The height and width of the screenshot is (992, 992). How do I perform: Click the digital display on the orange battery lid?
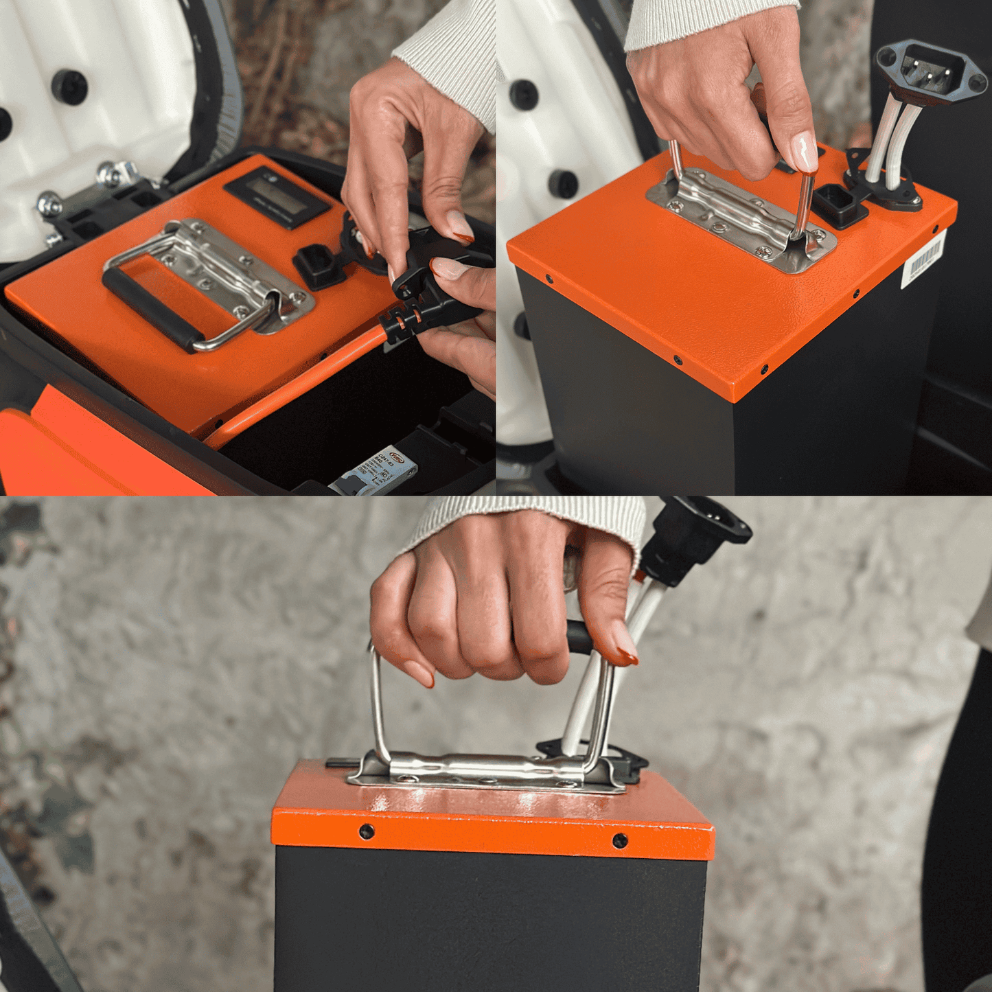(x=277, y=196)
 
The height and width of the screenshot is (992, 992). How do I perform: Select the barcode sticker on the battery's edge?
(x=923, y=259)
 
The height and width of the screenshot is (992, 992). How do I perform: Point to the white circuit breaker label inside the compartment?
(x=376, y=472)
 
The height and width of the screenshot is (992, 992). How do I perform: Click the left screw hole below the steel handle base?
(x=367, y=832)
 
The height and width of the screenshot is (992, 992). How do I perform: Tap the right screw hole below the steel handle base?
(x=619, y=840)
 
